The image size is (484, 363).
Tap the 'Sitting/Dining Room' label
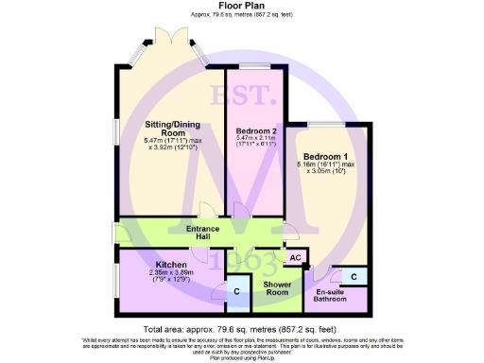(x=171, y=129)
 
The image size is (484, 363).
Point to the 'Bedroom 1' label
(x=324, y=156)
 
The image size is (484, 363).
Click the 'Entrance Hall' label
(x=203, y=233)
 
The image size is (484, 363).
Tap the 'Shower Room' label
(x=276, y=288)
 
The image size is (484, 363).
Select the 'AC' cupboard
(x=293, y=257)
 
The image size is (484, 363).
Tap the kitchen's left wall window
(x=116, y=284)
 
